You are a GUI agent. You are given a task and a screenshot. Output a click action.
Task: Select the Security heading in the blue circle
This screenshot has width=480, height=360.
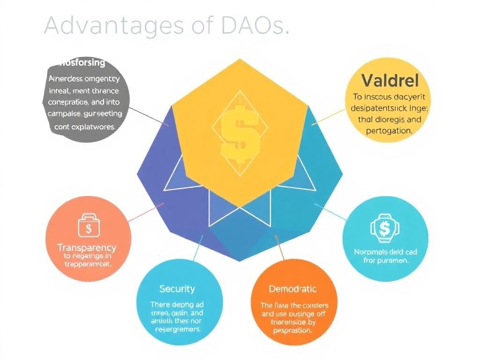(x=177, y=289)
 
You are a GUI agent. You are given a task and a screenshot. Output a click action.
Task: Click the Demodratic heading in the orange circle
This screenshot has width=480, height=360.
(x=292, y=289)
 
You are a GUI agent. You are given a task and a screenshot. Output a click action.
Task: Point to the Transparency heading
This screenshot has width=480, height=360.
(x=86, y=247)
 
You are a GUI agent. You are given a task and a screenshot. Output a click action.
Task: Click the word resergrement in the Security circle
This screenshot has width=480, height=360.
(x=177, y=330)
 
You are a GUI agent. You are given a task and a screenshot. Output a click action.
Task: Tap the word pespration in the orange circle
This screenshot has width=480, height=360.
(x=292, y=330)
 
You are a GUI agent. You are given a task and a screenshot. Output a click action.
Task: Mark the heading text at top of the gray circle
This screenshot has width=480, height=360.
(x=82, y=63)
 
